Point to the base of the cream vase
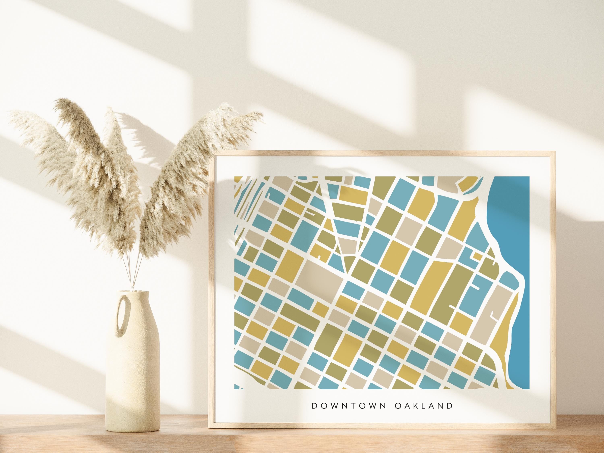[133, 429]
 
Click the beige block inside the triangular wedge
[348, 246]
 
